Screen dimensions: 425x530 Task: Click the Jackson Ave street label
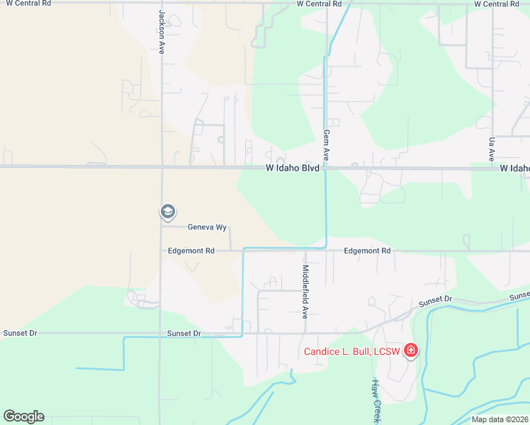point(162,33)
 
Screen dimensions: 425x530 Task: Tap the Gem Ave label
point(327,144)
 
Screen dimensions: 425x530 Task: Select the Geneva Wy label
point(207,227)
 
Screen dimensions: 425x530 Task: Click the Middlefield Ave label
point(306,292)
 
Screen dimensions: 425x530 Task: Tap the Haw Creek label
point(377,401)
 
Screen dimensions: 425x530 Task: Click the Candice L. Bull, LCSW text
point(351,351)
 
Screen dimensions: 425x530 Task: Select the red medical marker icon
point(410,350)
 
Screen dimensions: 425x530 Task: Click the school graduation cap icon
point(167,211)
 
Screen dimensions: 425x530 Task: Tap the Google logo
point(23,416)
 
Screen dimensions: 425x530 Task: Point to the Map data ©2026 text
point(500,419)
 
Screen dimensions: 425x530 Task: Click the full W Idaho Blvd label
point(293,169)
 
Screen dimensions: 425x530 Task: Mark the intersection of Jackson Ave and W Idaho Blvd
point(162,168)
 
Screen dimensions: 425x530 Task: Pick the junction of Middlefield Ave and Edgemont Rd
point(306,251)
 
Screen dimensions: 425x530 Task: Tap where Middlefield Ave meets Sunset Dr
point(306,332)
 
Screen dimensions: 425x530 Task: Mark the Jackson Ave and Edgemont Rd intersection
point(162,251)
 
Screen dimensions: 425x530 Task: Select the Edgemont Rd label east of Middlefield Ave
point(367,251)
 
